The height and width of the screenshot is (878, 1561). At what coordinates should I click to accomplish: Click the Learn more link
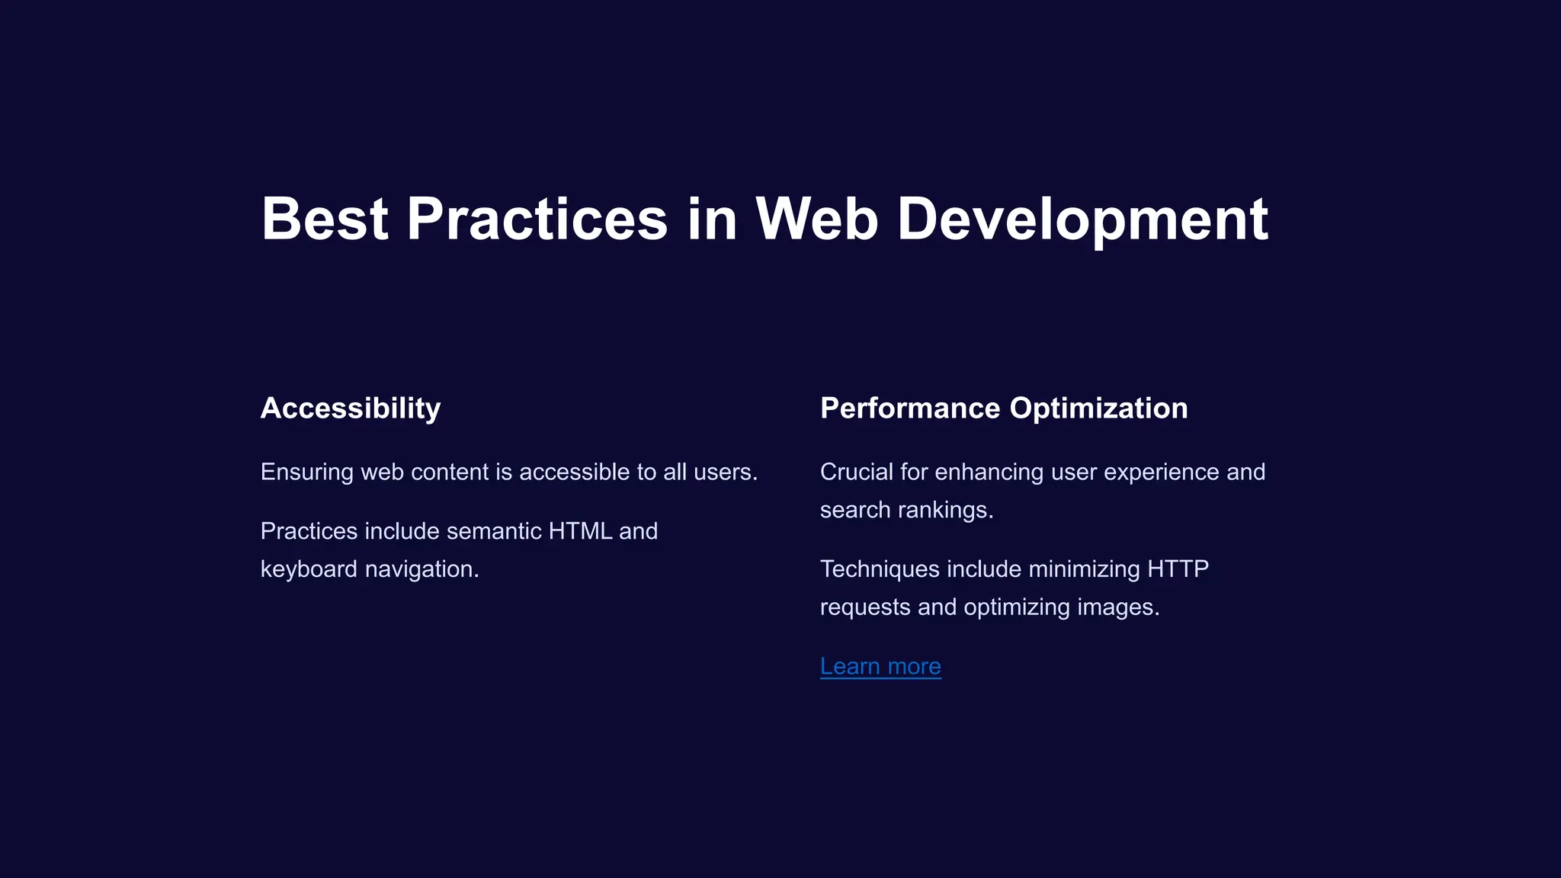point(880,666)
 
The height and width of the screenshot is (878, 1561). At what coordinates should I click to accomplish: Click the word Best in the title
point(325,219)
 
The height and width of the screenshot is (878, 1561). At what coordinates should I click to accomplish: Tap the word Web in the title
point(816,219)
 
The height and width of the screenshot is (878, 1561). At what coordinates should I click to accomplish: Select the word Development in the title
point(1082,219)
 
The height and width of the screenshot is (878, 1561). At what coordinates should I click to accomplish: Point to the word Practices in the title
point(537,219)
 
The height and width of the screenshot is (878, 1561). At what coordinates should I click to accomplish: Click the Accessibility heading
point(351,409)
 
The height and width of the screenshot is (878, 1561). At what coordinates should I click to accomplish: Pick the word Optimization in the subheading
point(1098,409)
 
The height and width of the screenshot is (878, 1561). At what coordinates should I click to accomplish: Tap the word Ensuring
point(306,473)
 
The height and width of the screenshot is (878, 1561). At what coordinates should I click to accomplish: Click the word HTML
point(580,531)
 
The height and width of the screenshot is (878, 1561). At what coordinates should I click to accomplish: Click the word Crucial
point(857,473)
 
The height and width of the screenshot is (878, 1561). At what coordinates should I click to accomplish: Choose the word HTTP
point(1178,569)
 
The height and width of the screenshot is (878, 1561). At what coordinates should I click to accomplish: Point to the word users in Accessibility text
point(725,473)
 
